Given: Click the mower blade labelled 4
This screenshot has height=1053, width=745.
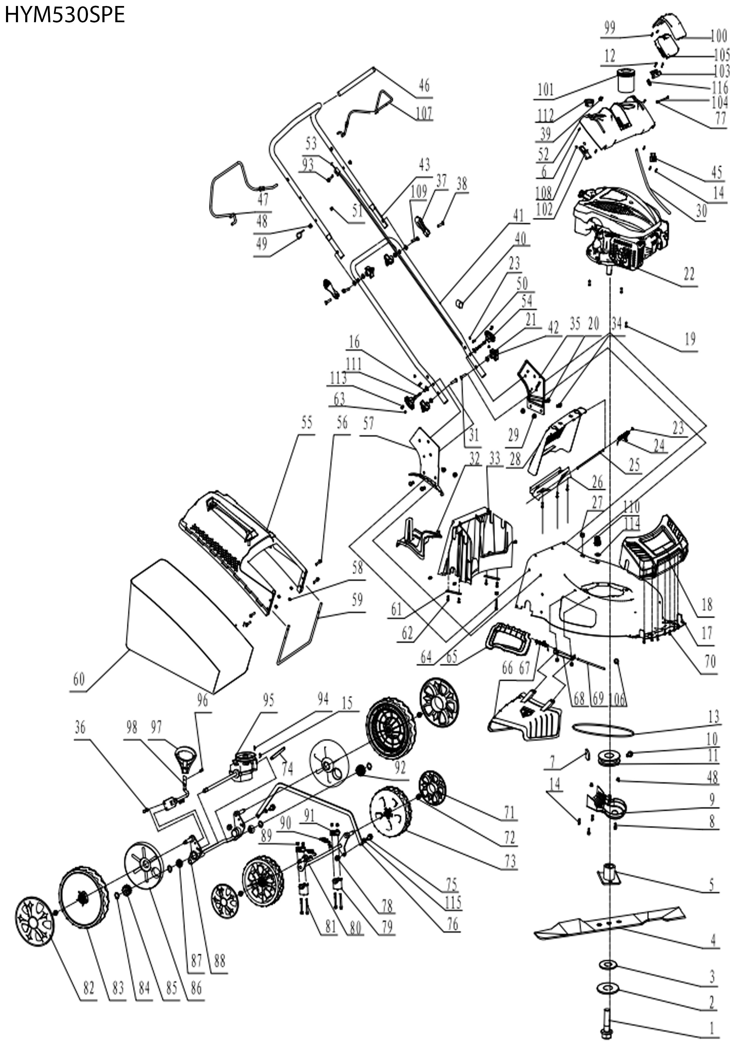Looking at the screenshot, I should click(610, 922).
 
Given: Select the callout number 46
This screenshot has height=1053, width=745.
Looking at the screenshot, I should click(424, 86).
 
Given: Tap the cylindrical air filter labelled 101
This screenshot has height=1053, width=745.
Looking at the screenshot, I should click(624, 81).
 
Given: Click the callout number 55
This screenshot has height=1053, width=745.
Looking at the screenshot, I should click(307, 423).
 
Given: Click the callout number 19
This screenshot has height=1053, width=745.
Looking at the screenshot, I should click(690, 339).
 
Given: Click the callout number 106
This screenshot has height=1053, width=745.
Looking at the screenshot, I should click(618, 698).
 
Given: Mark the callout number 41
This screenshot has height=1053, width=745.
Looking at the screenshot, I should click(518, 215).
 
